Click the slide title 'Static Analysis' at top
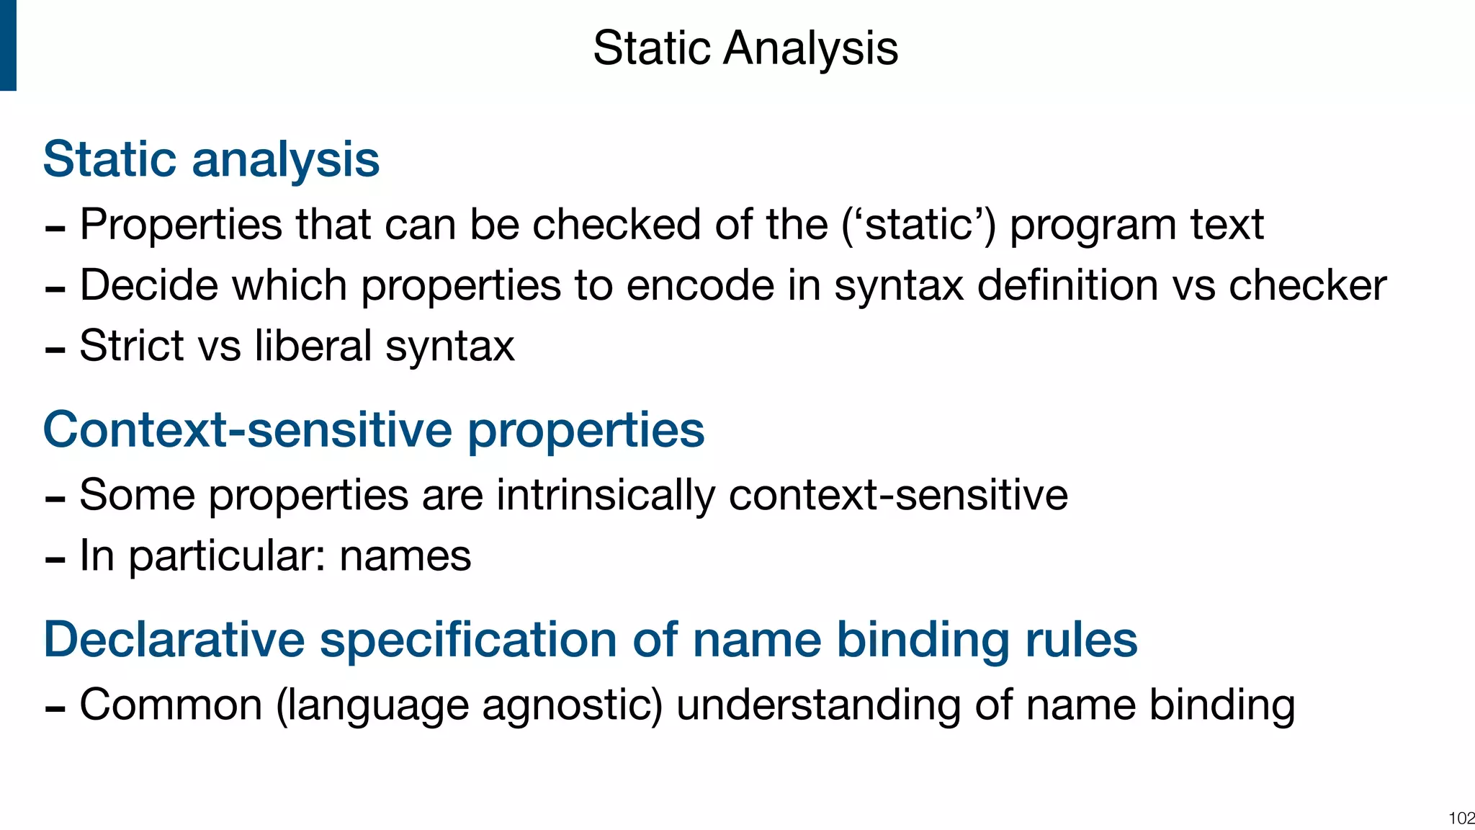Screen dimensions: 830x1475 tap(745, 48)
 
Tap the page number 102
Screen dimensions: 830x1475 tap(1461, 818)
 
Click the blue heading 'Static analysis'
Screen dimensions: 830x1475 tap(211, 159)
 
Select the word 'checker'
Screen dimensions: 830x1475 tap(1307, 285)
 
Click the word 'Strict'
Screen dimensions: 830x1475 tap(131, 346)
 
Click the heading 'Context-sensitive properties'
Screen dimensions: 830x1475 tap(373, 430)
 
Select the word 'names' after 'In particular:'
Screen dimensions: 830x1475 tap(405, 556)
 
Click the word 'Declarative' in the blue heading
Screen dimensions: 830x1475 tap(174, 640)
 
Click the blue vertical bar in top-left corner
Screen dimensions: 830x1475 tap(8, 45)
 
